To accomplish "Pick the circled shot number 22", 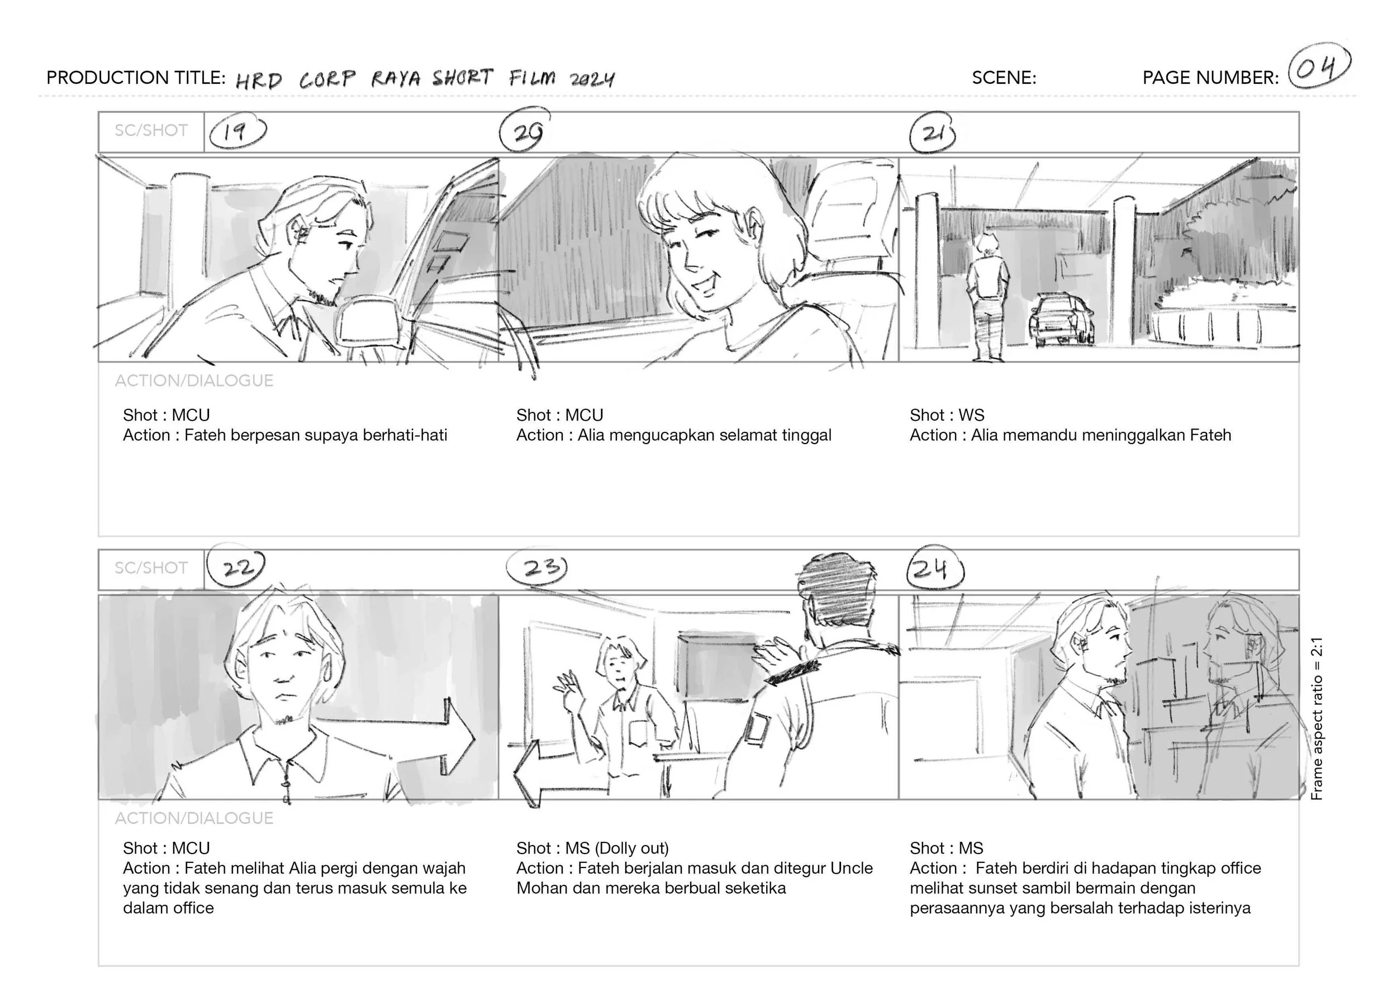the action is tap(236, 567).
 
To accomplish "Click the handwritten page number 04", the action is tap(1319, 69).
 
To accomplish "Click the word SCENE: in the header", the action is tap(1004, 78).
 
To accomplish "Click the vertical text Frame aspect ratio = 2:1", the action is tap(1317, 718).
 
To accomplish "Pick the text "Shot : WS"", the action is tap(947, 415).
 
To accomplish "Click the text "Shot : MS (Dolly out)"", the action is tap(592, 848).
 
